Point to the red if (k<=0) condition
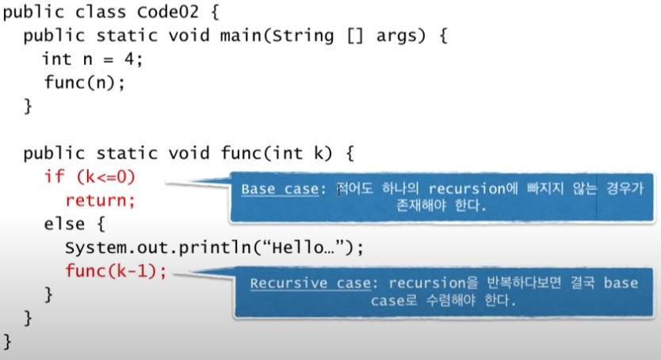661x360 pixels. coord(95,176)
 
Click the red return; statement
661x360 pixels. coord(101,199)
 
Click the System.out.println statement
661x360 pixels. coord(214,247)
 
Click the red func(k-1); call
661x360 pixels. coord(117,271)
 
